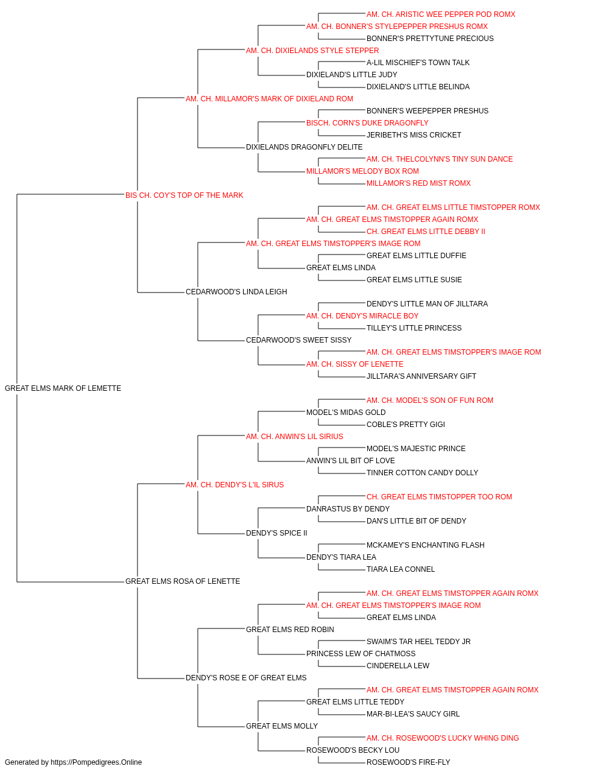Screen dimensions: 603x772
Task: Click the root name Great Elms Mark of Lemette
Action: pos(63,388)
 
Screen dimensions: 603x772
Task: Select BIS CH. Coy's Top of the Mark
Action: pos(184,195)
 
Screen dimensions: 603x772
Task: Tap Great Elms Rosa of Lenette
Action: pos(183,581)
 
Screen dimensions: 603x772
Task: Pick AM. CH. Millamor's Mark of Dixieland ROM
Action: pos(269,99)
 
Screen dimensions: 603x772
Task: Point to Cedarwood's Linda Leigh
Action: pos(236,292)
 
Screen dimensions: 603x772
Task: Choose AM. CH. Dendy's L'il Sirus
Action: pos(235,485)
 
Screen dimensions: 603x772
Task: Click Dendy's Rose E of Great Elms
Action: pos(246,678)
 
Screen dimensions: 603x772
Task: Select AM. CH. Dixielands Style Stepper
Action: pos(312,51)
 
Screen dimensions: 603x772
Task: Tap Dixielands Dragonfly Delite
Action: pos(304,147)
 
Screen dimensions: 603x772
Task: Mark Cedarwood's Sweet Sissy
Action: pos(298,340)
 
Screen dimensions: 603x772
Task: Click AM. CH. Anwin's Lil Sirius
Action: pos(294,437)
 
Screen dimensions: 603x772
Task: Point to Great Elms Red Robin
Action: pos(290,630)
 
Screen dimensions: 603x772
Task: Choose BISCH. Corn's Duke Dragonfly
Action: pos(367,123)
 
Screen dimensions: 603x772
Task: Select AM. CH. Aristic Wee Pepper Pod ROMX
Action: pos(441,14)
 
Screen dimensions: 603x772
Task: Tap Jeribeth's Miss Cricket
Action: pos(414,135)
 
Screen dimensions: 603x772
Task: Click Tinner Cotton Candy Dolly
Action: pos(422,473)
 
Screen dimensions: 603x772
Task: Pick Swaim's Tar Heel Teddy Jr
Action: pos(418,642)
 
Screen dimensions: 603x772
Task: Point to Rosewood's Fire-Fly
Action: pos(408,762)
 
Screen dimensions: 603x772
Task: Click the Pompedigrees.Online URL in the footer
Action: pos(96,762)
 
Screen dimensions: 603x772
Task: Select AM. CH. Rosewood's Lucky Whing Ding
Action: pos(443,738)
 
